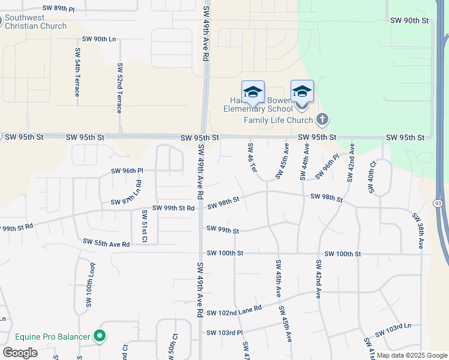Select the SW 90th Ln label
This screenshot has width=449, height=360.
pos(98,39)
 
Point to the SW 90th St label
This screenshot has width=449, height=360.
pos(411,20)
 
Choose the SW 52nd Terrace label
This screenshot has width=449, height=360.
pos(119,88)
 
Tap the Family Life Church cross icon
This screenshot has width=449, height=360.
pos(322,119)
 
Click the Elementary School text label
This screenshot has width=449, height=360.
pos(258,109)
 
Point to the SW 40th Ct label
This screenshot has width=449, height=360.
pos(372,176)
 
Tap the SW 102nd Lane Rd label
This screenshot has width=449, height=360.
pos(234,311)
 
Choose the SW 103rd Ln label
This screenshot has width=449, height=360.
pos(393,329)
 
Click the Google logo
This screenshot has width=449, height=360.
pos(20,353)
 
